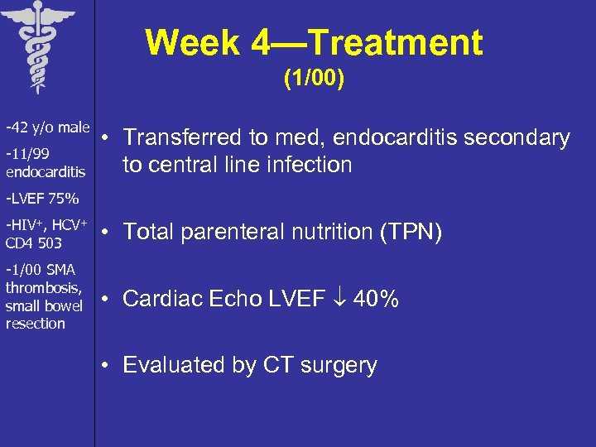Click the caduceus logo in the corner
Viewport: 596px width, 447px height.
(x=36, y=46)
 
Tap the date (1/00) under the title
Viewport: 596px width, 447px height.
(x=314, y=79)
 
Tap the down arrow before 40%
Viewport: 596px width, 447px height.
(x=339, y=299)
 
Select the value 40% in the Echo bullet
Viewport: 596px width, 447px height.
(x=376, y=299)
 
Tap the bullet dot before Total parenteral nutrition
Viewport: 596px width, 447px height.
(x=107, y=233)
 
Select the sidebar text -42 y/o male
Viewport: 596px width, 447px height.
(x=47, y=127)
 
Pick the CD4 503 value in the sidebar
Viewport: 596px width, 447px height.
(x=33, y=243)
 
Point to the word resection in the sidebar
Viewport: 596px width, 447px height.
(x=35, y=324)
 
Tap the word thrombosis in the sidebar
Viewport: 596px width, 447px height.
(x=43, y=288)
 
